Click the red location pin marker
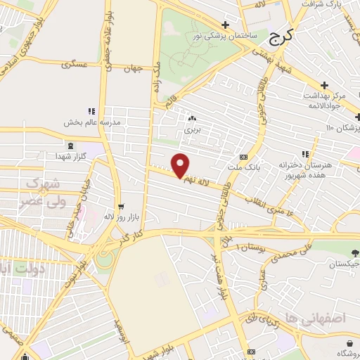(181, 165)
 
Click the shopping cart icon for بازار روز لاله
(121, 206)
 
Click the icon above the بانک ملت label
(243, 157)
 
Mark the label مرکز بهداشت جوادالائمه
(329, 100)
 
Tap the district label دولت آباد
(18, 268)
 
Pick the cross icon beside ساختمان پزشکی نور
(224, 25)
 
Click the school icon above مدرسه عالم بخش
(91, 110)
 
